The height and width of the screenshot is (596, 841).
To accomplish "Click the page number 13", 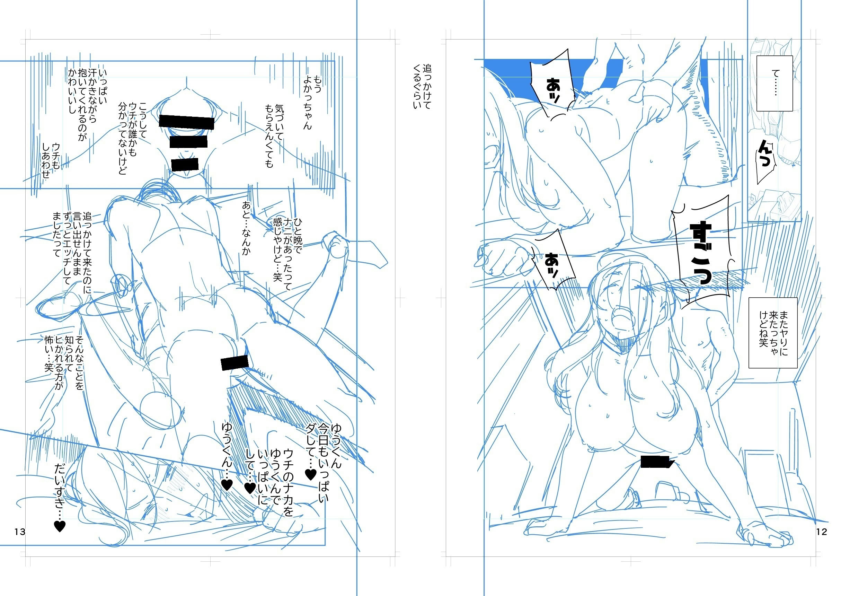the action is (20, 532).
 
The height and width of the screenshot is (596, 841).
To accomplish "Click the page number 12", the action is (822, 532).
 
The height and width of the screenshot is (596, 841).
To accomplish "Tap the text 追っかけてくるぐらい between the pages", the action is (422, 87).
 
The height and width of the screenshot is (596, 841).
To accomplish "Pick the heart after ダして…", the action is (311, 474).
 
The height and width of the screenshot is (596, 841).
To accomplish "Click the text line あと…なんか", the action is (246, 228).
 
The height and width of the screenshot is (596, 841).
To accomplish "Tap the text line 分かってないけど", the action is (122, 138).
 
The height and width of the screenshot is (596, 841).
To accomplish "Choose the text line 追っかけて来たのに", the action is (87, 253).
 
